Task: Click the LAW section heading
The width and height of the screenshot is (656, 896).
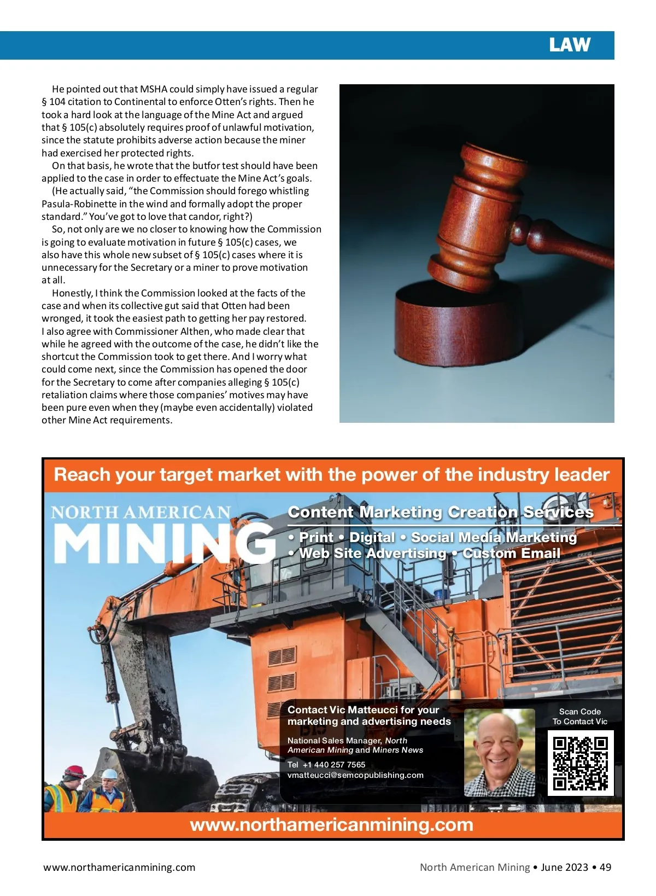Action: pyautogui.click(x=570, y=45)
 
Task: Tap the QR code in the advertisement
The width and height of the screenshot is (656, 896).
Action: pyautogui.click(x=580, y=764)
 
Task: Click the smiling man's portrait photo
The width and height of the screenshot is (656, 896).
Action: pyautogui.click(x=499, y=753)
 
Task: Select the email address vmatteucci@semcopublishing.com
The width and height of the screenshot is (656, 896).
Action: pyautogui.click(x=355, y=775)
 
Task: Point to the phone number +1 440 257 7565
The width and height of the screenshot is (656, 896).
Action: pyautogui.click(x=333, y=765)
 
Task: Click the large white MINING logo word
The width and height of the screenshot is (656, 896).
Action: pyautogui.click(x=164, y=543)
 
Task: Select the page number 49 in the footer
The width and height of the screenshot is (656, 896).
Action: pyautogui.click(x=605, y=867)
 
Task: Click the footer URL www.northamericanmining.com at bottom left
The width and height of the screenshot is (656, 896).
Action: pyautogui.click(x=119, y=867)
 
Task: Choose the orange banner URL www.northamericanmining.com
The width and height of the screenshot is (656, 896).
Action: pyautogui.click(x=331, y=825)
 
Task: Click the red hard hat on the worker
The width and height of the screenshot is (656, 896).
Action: pyautogui.click(x=74, y=772)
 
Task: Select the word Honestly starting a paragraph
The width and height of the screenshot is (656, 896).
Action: pyautogui.click(x=72, y=293)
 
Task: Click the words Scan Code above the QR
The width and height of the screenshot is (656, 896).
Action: pyautogui.click(x=579, y=712)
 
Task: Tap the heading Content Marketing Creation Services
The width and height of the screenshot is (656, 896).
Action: pyautogui.click(x=440, y=512)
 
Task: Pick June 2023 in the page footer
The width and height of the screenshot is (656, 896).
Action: pyautogui.click(x=564, y=867)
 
